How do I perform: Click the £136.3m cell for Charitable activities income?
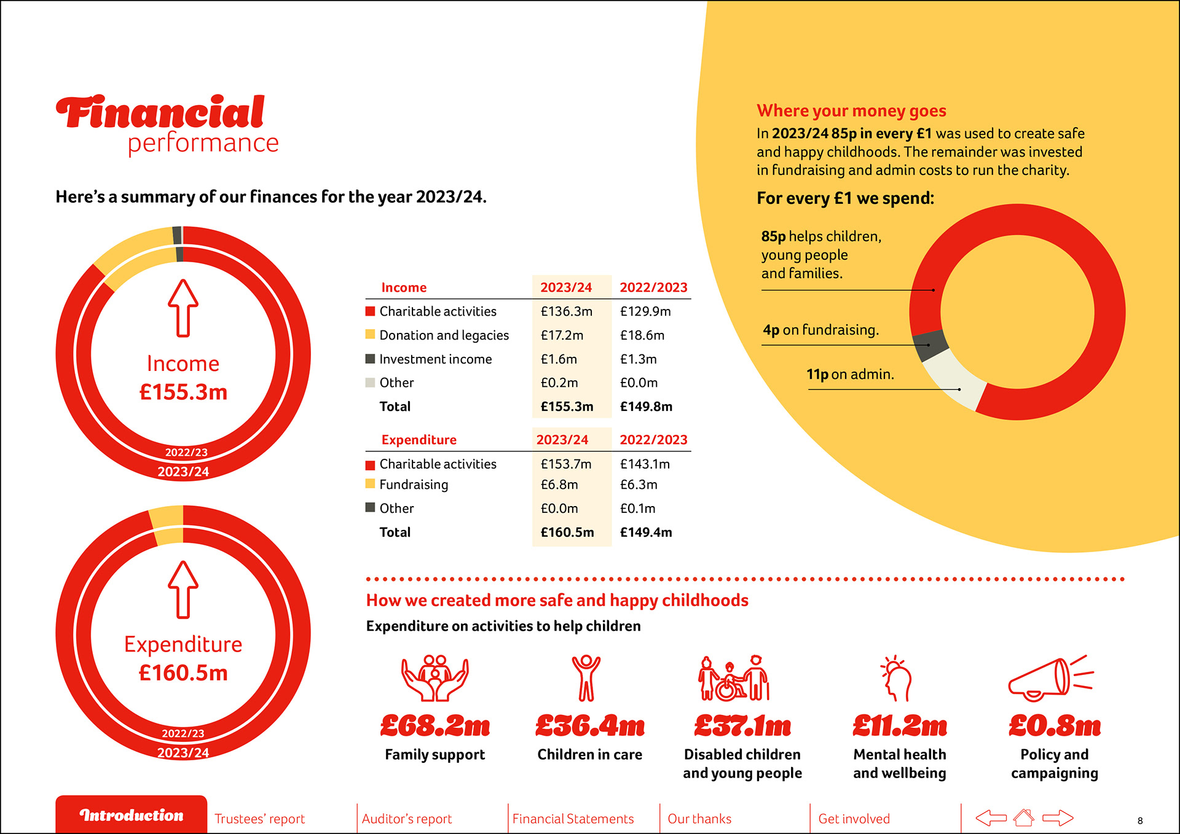566,311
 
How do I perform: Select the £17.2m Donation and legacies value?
562,335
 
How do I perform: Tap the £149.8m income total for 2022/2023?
646,407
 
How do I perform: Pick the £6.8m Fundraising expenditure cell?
559,485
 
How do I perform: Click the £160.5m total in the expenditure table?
567,532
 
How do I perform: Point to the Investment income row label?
435,359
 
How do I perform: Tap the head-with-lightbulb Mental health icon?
897,679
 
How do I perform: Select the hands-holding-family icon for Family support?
435,678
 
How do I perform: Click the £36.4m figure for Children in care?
589,727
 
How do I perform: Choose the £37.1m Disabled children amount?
742,727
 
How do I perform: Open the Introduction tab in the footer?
132,815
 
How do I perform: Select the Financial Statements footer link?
573,819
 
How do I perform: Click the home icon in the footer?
1024,817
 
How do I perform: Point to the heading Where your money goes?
851,111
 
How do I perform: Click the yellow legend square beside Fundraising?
370,484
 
